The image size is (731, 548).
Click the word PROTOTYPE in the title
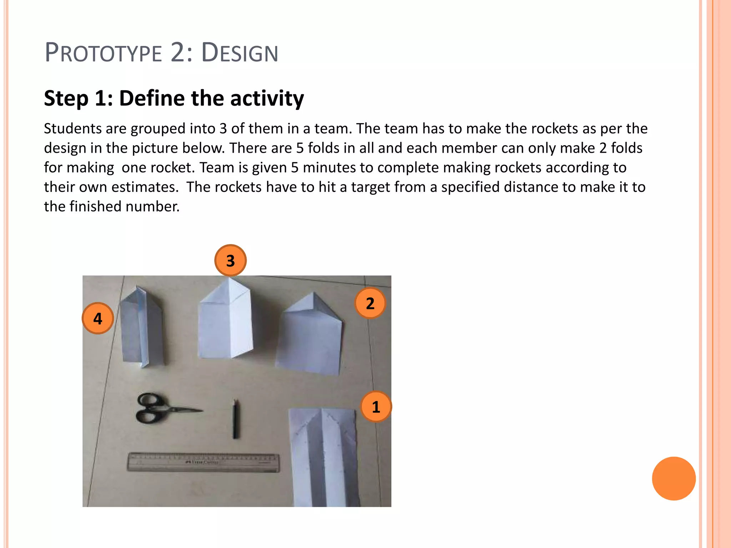tap(104, 53)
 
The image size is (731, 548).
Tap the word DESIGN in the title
tap(240, 53)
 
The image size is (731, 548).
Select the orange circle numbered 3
tap(231, 260)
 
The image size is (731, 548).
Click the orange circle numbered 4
tap(98, 318)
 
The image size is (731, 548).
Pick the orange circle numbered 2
tap(370, 303)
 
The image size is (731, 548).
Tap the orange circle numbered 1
tap(376, 407)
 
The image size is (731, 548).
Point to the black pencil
tap(236, 419)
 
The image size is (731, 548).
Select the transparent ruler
tap(203, 462)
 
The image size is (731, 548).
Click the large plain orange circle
tap(674, 478)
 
